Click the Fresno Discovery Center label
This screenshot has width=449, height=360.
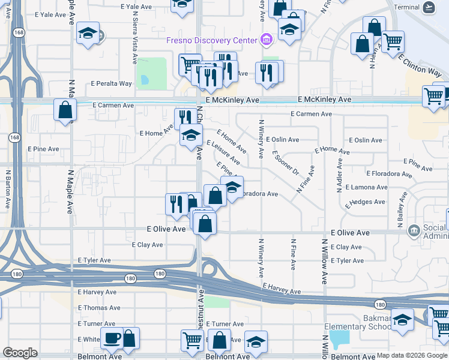212,40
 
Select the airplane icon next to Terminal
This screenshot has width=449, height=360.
429,7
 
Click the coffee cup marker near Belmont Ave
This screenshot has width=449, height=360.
112,338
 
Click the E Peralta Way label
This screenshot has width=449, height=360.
112,84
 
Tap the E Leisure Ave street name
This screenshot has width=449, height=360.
223,152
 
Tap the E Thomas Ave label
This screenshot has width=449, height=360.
99,308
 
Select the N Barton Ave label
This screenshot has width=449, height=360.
8,188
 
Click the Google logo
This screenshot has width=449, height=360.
20,353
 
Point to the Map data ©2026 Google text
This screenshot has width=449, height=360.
411,355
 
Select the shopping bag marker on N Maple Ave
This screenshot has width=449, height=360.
65,110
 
